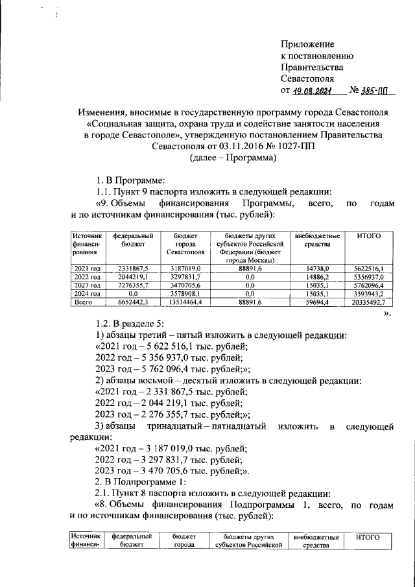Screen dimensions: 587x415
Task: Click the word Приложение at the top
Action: tap(308, 44)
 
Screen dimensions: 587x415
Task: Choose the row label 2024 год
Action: tap(87, 293)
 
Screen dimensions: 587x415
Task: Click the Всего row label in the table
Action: tap(84, 302)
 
